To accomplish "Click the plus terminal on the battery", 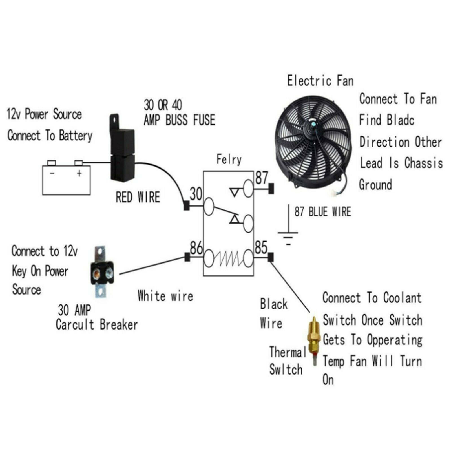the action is click(x=78, y=163).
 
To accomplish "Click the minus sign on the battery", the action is click(x=52, y=173).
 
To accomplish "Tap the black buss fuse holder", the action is click(x=122, y=148).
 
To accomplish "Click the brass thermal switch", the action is click(x=313, y=341).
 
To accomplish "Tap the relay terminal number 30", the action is click(x=196, y=194).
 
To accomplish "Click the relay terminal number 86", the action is click(x=196, y=248).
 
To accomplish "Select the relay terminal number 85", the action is click(x=261, y=247).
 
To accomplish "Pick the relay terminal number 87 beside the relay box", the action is click(x=262, y=178).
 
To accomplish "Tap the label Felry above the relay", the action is click(x=229, y=160).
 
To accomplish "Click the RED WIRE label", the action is click(x=138, y=197).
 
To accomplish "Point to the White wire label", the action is click(x=165, y=296).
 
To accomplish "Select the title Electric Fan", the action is click(x=320, y=81).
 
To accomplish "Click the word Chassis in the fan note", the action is click(x=423, y=163).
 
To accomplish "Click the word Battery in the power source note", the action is click(x=76, y=136).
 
